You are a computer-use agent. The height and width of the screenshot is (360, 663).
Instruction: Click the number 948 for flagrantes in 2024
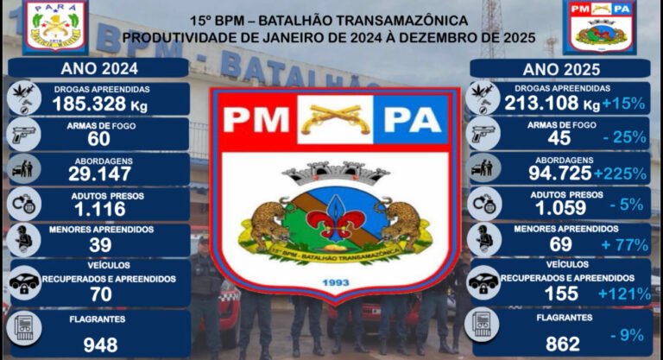[100, 344]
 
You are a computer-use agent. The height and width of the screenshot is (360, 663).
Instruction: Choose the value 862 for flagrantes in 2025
[563, 344]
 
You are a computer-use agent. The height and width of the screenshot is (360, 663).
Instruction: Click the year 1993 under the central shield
[332, 282]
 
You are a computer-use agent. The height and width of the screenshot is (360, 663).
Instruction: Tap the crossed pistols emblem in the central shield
[335, 119]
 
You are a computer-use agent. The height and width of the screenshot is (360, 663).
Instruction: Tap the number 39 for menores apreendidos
[100, 244]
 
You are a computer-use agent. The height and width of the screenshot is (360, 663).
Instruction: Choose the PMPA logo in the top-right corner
[600, 27]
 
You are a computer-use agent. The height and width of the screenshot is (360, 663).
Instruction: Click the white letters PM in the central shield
[255, 120]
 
